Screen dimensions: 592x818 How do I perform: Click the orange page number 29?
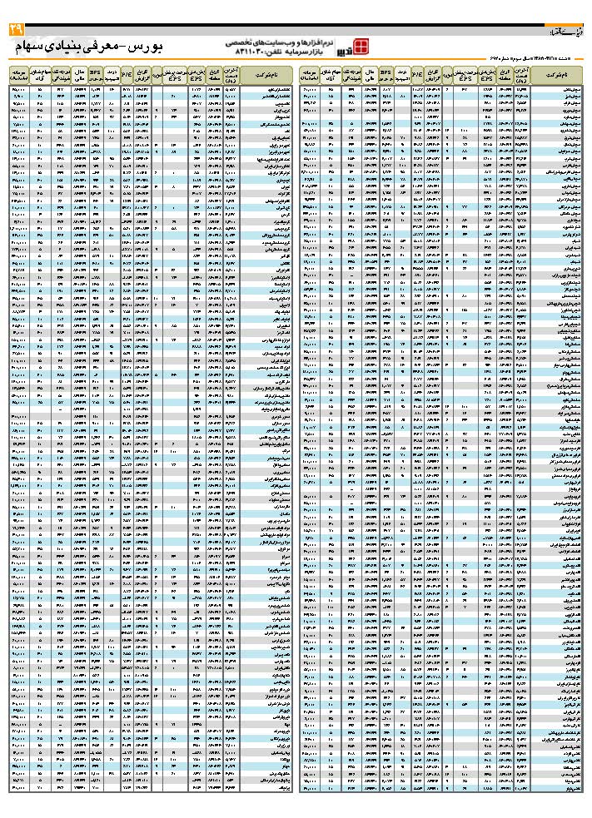coord(17,30)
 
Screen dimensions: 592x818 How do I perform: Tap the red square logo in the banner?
coord(361,46)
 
